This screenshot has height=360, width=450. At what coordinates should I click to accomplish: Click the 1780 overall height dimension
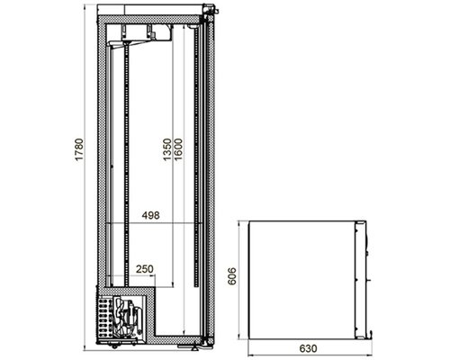78,149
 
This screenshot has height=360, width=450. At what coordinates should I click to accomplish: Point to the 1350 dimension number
167,149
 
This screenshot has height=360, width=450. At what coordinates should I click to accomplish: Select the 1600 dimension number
178,149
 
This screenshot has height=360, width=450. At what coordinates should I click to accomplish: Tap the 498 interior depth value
150,215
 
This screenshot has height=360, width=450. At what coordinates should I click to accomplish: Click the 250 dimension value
145,269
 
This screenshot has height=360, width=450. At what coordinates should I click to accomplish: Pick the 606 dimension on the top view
232,276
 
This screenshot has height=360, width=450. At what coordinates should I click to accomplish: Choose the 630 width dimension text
308,348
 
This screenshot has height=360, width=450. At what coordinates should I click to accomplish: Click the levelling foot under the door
195,347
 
